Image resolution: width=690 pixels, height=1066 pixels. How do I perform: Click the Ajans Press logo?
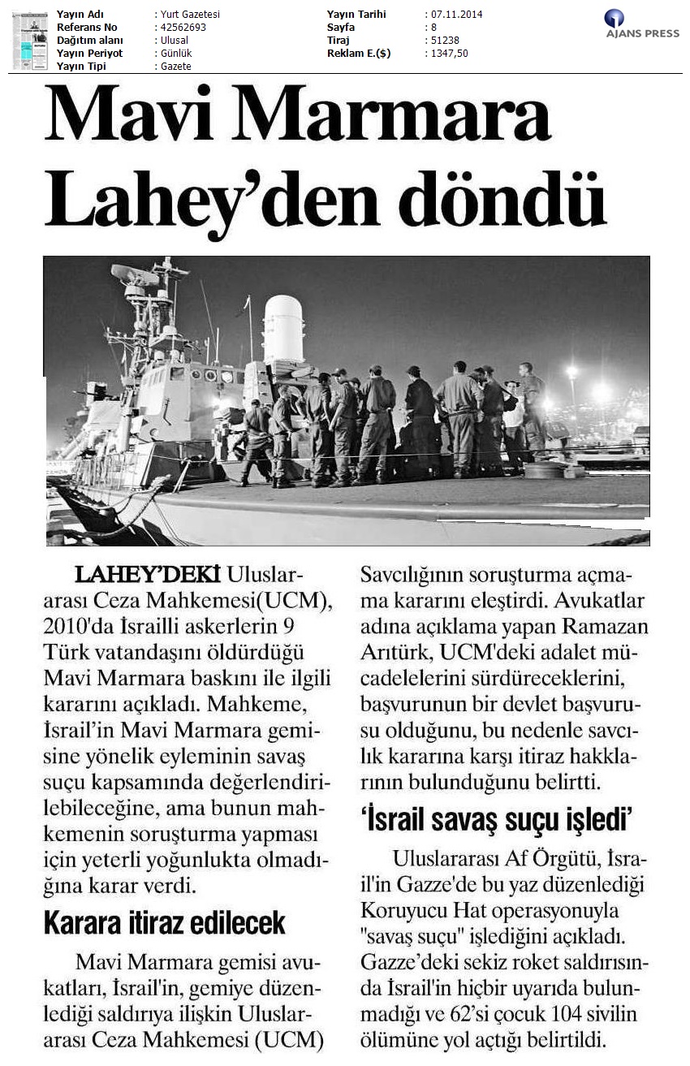[641, 24]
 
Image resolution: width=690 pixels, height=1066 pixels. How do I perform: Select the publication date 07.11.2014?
[454, 15]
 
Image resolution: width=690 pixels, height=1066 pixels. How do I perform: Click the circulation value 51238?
[442, 41]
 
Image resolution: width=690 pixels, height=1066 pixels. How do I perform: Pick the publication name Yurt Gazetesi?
[189, 15]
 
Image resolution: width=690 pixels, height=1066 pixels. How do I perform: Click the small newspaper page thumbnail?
[30, 41]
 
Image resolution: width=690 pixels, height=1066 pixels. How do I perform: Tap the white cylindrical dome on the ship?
[283, 328]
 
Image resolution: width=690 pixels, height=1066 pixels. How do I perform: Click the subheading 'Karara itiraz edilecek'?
[164, 922]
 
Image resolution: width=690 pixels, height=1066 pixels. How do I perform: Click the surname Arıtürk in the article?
[392, 653]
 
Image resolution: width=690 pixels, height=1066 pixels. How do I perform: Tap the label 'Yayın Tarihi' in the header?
[356, 15]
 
